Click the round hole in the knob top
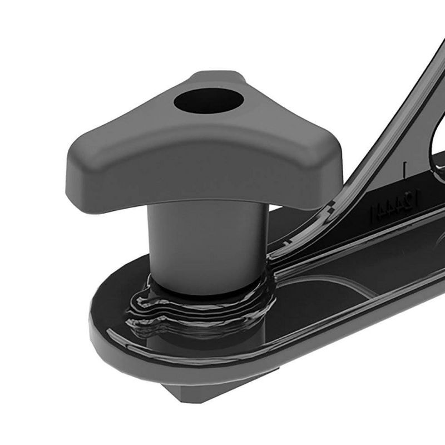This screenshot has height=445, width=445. pos(209,101)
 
